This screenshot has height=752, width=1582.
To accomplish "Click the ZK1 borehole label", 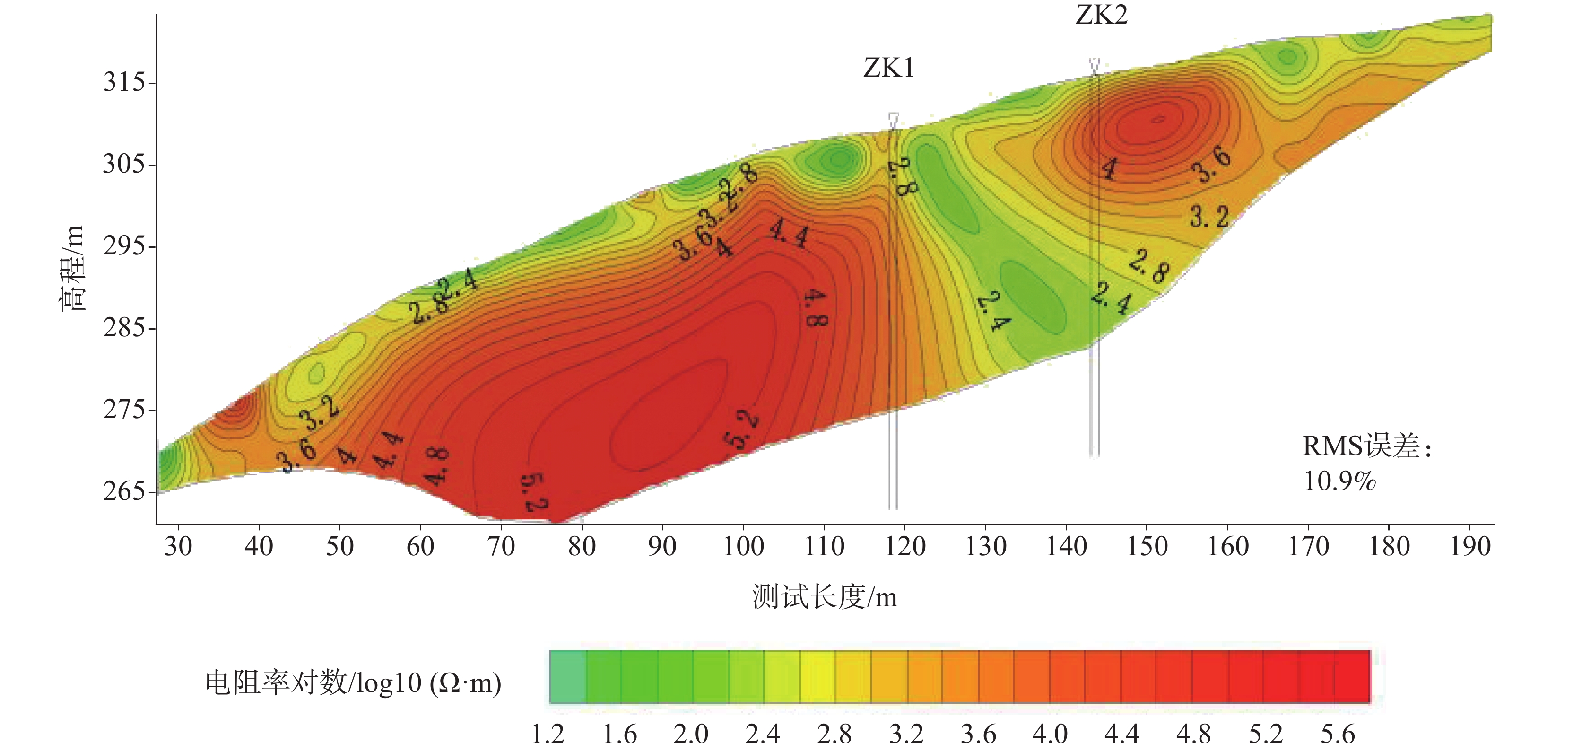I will pyautogui.click(x=889, y=68).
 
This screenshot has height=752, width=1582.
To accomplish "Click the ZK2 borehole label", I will pyautogui.click(x=1102, y=15).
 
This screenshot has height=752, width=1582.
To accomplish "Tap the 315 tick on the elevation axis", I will pyautogui.click(x=125, y=82).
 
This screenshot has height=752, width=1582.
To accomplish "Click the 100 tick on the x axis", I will pyautogui.click(x=743, y=546).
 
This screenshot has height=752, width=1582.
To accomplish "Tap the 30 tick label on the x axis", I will pyautogui.click(x=178, y=546).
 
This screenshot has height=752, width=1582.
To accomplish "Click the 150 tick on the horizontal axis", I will pyautogui.click(x=1147, y=546).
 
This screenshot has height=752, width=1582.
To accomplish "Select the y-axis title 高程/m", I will pyautogui.click(x=72, y=268).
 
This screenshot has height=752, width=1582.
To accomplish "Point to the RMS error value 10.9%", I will pyautogui.click(x=1339, y=481).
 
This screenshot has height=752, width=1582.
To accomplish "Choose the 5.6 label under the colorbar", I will pyautogui.click(x=1338, y=734).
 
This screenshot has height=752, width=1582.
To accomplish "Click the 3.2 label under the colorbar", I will pyautogui.click(x=906, y=734).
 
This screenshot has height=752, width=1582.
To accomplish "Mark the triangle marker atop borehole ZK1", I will pyautogui.click(x=894, y=119).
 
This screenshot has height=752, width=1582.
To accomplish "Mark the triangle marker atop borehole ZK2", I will pyautogui.click(x=1095, y=64).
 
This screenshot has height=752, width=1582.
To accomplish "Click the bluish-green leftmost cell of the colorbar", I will pyautogui.click(x=567, y=676).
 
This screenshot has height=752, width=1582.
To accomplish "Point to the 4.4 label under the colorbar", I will pyautogui.click(x=1121, y=734).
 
